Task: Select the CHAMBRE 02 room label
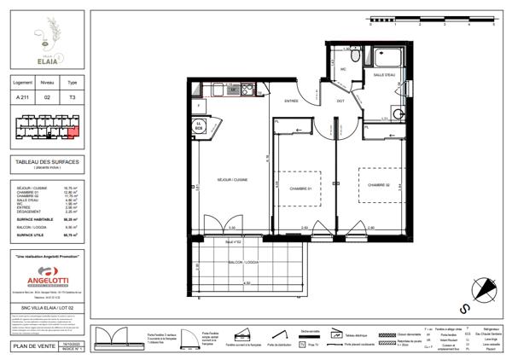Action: pos(380,184)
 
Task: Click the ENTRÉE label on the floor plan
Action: pos(292,101)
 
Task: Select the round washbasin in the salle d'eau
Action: pos(395,117)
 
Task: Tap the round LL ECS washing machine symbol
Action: pos(200,125)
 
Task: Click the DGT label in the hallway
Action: pos(340,101)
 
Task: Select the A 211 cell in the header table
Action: pos(23,97)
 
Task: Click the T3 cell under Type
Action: pos(72,97)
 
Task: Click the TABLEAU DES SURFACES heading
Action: pos(48,162)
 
